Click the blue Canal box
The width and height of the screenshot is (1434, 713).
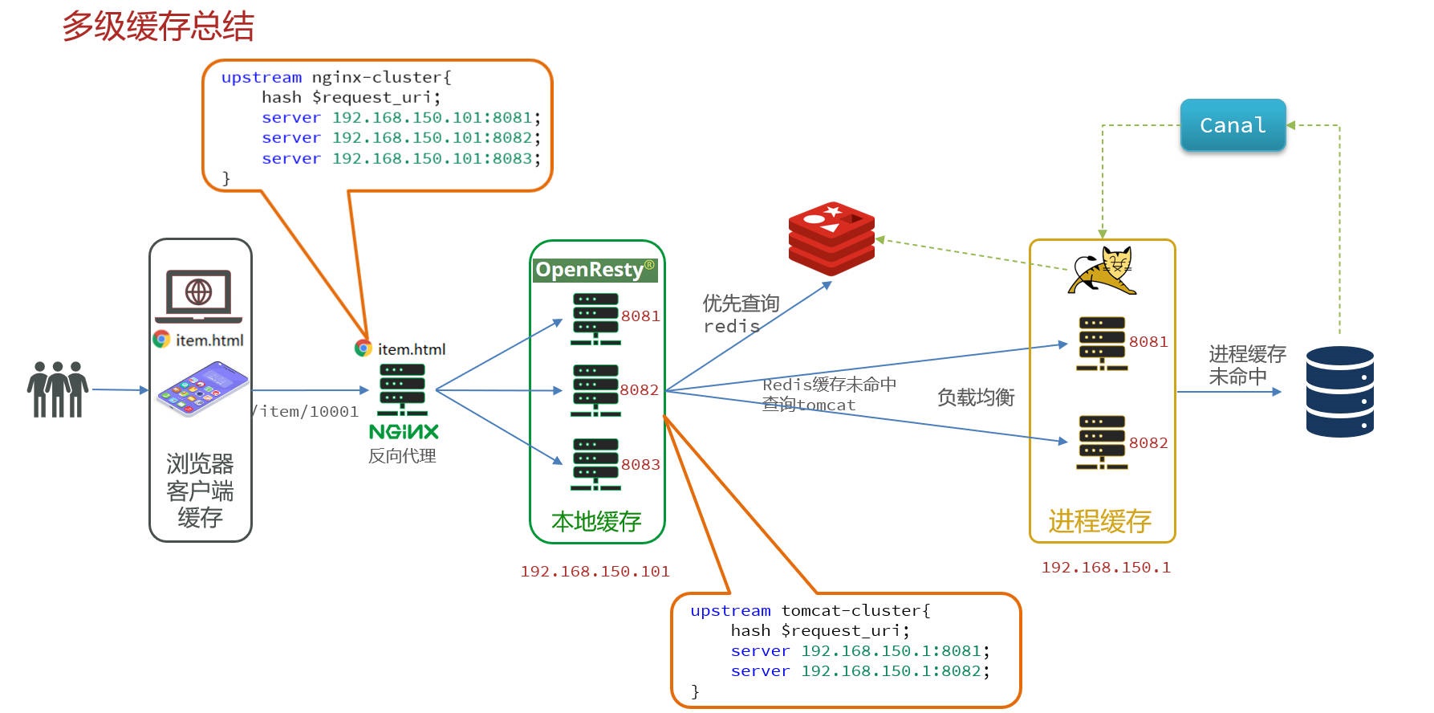pyautogui.click(x=1233, y=125)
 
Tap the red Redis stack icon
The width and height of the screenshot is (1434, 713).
pyautogui.click(x=831, y=238)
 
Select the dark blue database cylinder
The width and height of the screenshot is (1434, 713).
pyautogui.click(x=1339, y=392)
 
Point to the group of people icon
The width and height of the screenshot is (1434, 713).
pyautogui.click(x=57, y=389)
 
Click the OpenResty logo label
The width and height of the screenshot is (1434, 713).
pyautogui.click(x=595, y=270)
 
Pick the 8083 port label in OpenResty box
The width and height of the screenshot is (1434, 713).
pyautogui.click(x=640, y=465)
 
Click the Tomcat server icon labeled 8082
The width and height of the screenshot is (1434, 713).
pyautogui.click(x=1102, y=442)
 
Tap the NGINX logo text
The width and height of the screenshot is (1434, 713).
pyautogui.click(x=404, y=432)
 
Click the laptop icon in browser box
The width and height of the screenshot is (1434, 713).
pyautogui.click(x=198, y=295)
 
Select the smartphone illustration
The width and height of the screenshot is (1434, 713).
pyautogui.click(x=201, y=389)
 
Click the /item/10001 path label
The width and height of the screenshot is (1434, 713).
pyautogui.click(x=307, y=412)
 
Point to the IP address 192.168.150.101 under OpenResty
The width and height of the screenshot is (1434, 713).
pyautogui.click(x=595, y=572)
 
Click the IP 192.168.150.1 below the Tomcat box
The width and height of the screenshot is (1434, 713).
pyautogui.click(x=1105, y=568)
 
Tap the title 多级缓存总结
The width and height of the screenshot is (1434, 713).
pyautogui.click(x=158, y=26)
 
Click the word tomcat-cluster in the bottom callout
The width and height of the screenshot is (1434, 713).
pyautogui.click(x=855, y=611)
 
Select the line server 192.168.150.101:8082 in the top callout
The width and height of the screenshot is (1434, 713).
pyautogui.click(x=400, y=138)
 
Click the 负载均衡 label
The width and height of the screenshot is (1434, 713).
pyautogui.click(x=976, y=397)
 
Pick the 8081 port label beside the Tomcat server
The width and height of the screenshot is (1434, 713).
pyautogui.click(x=1148, y=342)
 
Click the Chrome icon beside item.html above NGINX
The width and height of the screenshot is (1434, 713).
pyautogui.click(x=364, y=348)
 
